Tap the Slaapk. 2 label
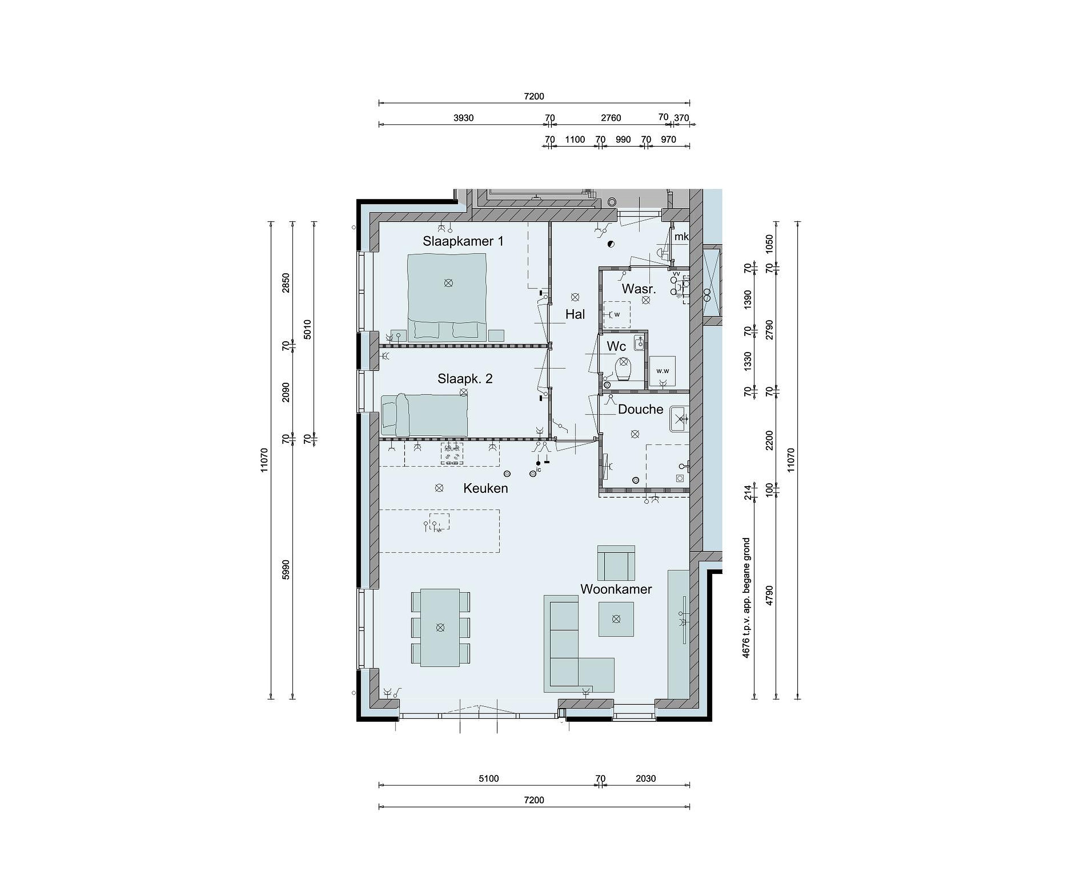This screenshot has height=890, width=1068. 465,379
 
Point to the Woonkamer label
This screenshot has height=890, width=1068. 616,589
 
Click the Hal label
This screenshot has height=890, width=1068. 575,315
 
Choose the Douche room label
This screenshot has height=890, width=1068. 640,409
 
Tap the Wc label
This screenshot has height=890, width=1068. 616,346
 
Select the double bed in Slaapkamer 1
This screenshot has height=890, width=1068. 447,296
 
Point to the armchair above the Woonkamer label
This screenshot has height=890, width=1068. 616,563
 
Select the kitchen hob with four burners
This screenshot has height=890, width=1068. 452,454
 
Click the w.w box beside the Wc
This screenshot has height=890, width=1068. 663,371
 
